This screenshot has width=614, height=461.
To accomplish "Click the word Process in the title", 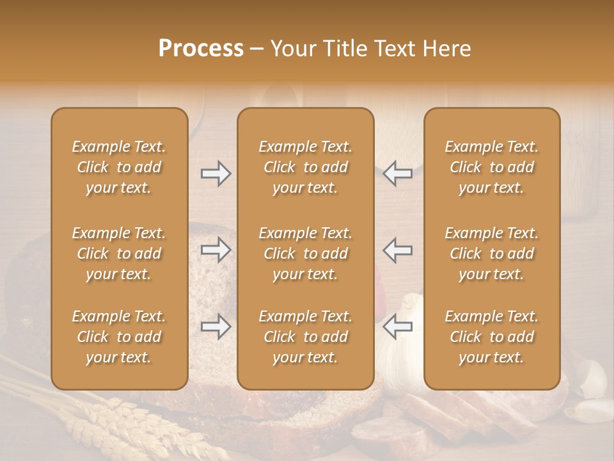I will (x=201, y=49).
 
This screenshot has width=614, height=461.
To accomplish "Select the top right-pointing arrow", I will (x=216, y=174).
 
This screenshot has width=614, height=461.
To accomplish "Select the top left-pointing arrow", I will (x=398, y=174).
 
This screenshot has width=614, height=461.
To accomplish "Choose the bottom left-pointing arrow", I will (x=398, y=327).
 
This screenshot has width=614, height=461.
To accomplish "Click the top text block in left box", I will (x=119, y=167).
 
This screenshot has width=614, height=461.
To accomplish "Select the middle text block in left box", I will (x=119, y=254).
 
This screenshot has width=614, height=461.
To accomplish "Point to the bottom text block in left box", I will (x=119, y=337).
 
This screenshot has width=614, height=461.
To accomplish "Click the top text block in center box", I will (x=305, y=167).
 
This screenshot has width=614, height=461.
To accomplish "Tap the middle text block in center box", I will (x=305, y=254).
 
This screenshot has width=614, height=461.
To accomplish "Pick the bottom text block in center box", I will (x=305, y=337).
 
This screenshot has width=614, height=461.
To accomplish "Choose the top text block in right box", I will (x=491, y=167).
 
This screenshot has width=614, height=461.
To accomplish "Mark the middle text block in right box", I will (x=491, y=254).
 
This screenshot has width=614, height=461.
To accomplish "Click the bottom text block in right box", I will (x=491, y=337).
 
